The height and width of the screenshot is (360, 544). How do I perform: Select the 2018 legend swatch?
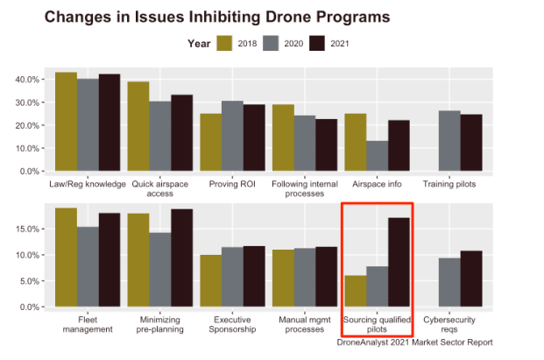coord(225,44)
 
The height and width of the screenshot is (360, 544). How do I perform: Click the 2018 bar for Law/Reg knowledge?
coord(66,122)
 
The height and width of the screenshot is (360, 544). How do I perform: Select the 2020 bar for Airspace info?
coord(377,156)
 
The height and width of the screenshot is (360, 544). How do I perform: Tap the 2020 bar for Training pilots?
coord(449,141)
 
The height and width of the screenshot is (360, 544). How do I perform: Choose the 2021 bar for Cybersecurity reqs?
coord(470,279)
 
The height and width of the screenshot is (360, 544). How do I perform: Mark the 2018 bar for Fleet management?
coord(66,258)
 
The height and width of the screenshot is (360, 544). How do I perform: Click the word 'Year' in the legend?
coord(198,44)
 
